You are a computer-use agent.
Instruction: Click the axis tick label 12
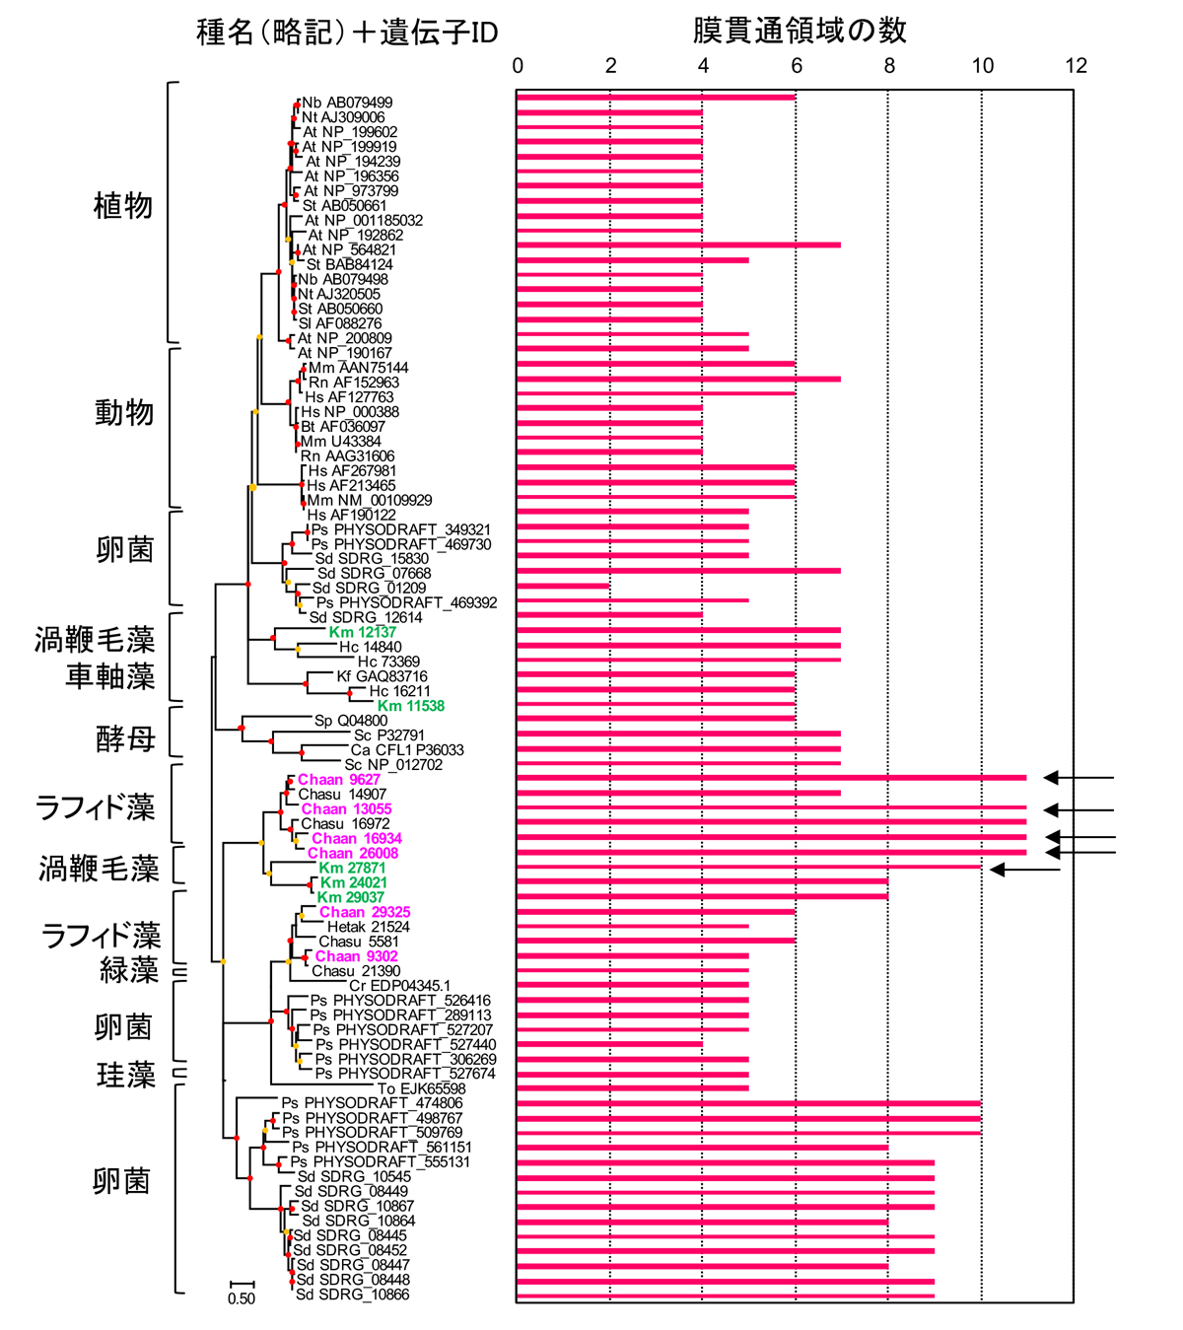point(1076,65)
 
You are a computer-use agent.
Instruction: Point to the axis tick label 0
point(519,65)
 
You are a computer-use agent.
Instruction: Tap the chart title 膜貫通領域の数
point(799,31)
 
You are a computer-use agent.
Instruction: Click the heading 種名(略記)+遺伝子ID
point(347,33)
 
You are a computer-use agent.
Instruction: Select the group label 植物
point(123,205)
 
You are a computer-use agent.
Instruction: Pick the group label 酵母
point(125,738)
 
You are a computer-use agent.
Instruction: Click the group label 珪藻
point(125,1075)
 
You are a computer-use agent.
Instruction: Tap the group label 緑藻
point(128,970)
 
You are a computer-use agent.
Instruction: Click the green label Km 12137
point(362,632)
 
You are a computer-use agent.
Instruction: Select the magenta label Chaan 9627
point(339,780)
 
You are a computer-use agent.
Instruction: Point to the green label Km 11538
point(410,706)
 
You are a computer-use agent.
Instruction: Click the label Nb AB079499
point(347,103)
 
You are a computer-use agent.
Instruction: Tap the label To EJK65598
point(421,1088)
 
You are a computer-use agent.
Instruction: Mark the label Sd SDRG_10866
point(352,1295)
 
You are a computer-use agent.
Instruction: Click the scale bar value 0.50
point(242,1298)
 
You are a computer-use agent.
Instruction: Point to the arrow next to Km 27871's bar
point(1025,869)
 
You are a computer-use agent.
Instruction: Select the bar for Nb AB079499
point(656,97)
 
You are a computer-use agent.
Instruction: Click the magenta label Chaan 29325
point(365,912)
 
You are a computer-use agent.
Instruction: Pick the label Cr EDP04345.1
point(399,986)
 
